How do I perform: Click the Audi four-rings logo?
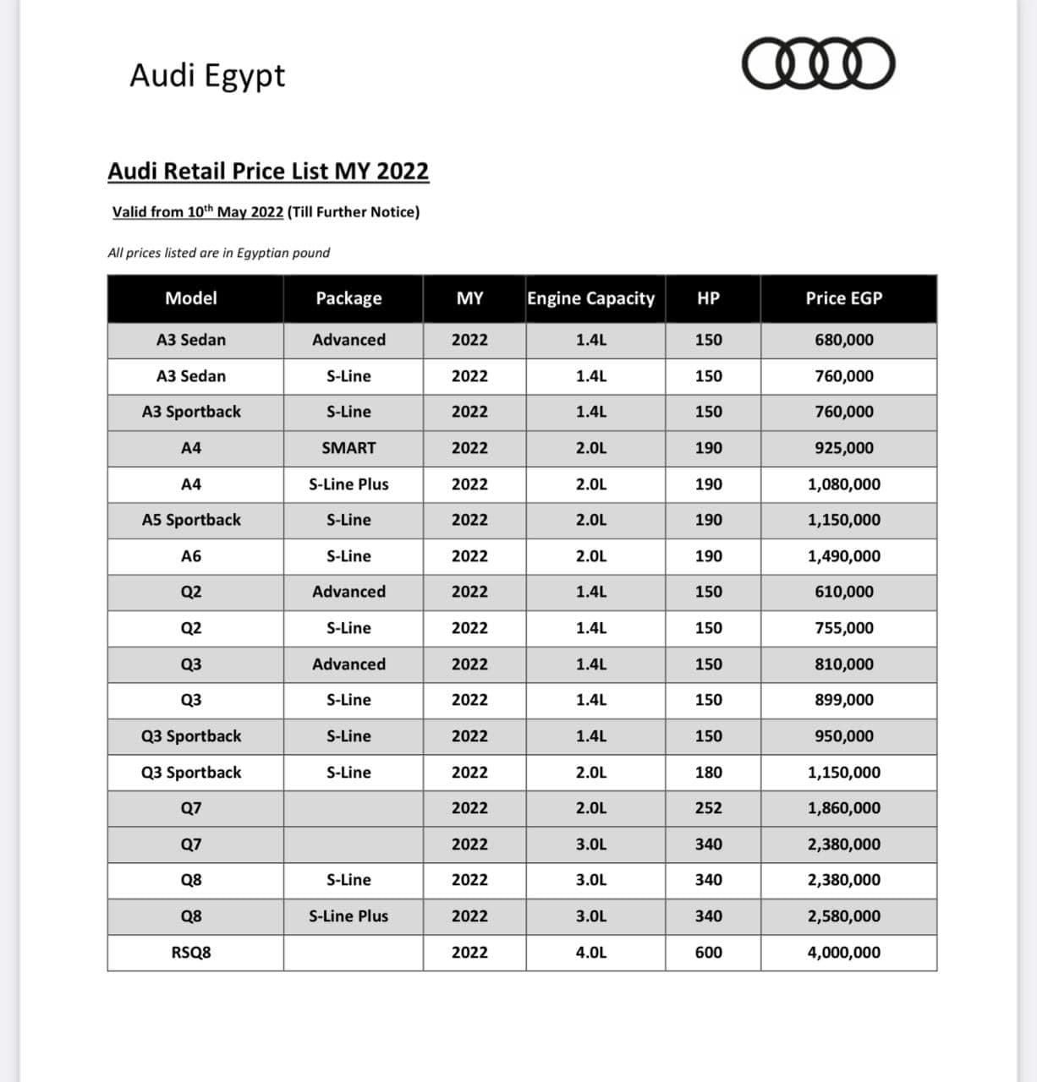[818, 63]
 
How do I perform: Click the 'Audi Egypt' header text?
[207, 75]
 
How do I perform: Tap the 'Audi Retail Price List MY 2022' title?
[268, 171]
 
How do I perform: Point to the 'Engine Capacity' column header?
[590, 298]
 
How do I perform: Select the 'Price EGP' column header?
[843, 298]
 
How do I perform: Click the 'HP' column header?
[708, 298]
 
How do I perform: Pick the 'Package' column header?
[348, 298]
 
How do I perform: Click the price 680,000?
[843, 340]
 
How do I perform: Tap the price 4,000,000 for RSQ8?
[843, 953]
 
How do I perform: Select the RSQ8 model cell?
[191, 953]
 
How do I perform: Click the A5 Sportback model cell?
[191, 520]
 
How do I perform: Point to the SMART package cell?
[348, 448]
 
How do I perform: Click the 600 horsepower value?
[708, 953]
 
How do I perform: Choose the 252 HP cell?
[708, 808]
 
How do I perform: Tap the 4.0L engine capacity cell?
[590, 953]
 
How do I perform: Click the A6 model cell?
[191, 556]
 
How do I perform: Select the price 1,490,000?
[843, 556]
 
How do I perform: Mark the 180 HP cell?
[708, 773]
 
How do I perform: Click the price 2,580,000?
[843, 916]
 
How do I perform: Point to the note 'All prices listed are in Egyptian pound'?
[219, 253]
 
